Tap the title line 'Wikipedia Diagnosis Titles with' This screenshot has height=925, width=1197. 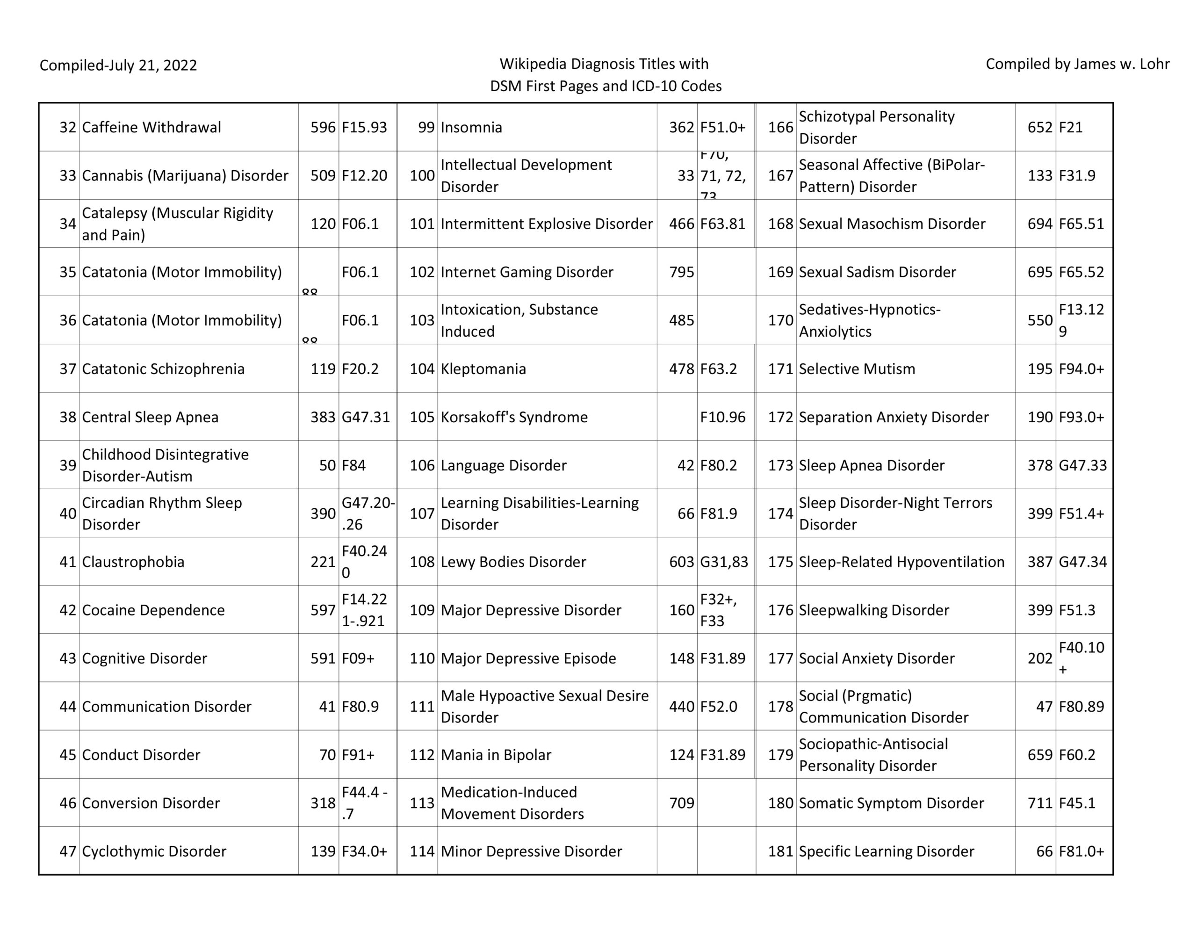(x=604, y=64)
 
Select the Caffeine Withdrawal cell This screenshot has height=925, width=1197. (x=151, y=127)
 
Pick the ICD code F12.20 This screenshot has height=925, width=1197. (x=364, y=175)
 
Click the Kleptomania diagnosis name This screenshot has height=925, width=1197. (x=483, y=369)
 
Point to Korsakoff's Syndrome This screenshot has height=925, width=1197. (x=513, y=417)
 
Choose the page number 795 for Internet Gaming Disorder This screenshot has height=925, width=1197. (x=681, y=272)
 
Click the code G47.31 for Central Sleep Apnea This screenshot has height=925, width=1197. (x=366, y=417)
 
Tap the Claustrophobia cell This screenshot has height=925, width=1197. (x=133, y=562)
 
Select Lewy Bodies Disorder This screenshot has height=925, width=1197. (x=513, y=562)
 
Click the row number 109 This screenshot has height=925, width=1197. (x=422, y=610)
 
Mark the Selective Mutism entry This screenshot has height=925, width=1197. (x=857, y=369)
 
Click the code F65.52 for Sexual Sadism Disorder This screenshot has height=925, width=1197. (x=1081, y=272)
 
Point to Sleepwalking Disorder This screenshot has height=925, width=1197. (x=873, y=610)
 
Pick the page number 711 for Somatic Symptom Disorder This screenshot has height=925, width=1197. (x=1040, y=803)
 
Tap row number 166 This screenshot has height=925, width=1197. (x=780, y=127)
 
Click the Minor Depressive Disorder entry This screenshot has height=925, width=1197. (x=531, y=852)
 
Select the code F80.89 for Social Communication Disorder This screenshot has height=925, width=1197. (x=1081, y=707)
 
